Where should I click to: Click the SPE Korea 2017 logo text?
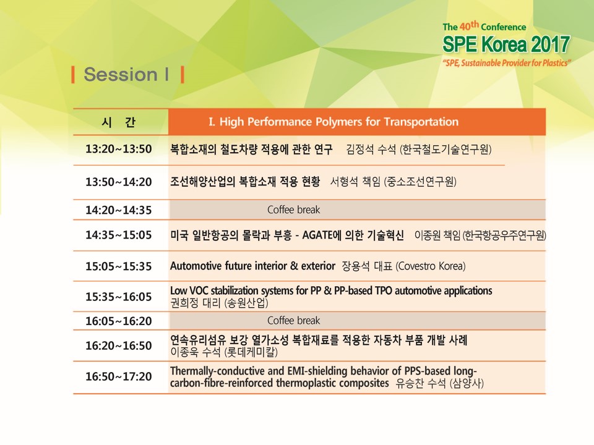tap(506, 44)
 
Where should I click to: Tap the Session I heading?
tap(126, 74)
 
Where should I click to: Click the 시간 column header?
tap(119, 122)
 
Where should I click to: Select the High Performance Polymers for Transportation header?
tap(334, 122)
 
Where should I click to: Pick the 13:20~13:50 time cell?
tap(119, 149)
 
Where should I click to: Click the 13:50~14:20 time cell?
tap(119, 182)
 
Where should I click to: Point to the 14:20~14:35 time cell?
tap(119, 210)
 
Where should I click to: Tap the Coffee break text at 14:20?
tap(293, 210)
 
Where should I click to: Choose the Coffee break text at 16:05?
tap(293, 321)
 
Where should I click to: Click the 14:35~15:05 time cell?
tap(119, 235)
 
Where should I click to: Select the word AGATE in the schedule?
tap(317, 235)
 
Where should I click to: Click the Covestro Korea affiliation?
tap(431, 266)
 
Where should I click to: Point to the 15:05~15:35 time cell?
tap(119, 266)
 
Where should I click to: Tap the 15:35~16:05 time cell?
tap(119, 297)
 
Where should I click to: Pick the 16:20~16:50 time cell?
tap(119, 345)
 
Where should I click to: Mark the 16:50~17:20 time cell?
tap(119, 376)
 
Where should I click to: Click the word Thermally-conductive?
tap(217, 371)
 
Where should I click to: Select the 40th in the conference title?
tap(470, 26)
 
